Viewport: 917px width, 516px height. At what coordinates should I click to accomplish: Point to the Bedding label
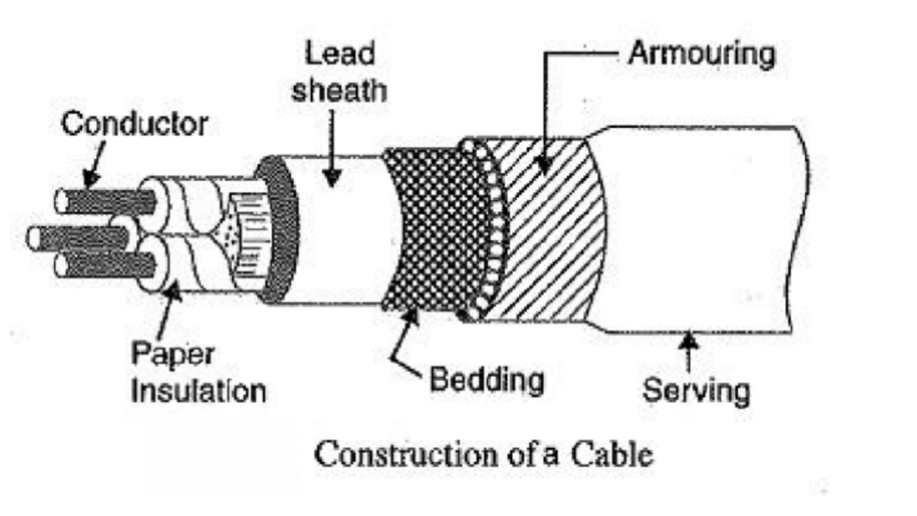coord(486,380)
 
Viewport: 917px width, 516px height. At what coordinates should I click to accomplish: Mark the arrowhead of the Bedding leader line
coord(414,314)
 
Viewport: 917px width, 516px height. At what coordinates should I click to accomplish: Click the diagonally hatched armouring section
coord(546,233)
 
